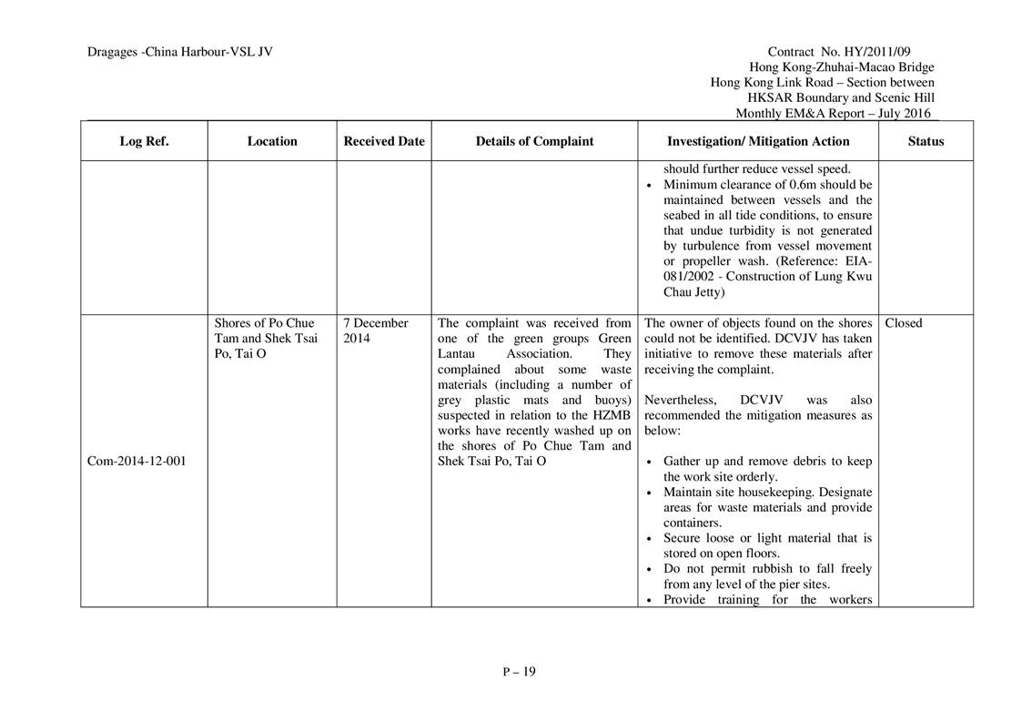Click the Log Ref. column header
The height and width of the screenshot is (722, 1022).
point(144,141)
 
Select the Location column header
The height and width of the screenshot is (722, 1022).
point(272,141)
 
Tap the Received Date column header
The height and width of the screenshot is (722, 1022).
point(384,141)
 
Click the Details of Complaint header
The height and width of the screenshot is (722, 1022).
point(534,141)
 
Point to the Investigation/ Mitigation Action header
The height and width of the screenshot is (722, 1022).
point(758,141)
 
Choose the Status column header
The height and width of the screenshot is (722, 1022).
point(926,141)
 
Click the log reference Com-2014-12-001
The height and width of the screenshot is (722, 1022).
point(137,461)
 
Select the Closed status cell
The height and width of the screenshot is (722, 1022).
point(903,323)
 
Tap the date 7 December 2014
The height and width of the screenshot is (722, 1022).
point(377,330)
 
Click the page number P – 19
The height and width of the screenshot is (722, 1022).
point(519,672)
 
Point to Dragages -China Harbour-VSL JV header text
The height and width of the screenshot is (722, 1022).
point(180,52)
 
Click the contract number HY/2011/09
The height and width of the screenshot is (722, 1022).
point(896,52)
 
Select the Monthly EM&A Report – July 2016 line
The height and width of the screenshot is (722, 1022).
point(835,114)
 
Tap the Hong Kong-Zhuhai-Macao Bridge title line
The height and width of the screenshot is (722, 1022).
point(841,67)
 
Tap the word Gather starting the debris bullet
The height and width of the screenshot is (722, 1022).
point(683,462)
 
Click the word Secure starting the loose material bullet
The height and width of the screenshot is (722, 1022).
point(682,538)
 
